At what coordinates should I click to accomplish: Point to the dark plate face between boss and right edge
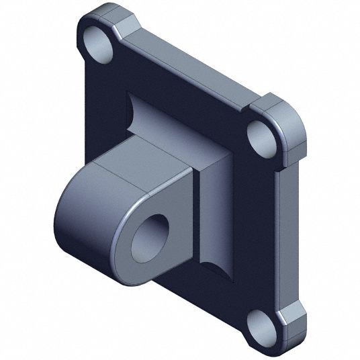point(255,215)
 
